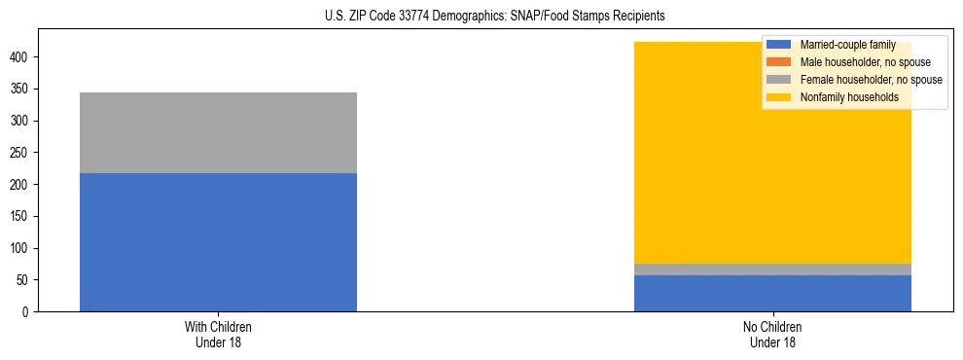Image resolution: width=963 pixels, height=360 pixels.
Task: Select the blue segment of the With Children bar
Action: (218, 242)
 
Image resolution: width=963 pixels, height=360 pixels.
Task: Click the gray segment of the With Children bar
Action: (218, 132)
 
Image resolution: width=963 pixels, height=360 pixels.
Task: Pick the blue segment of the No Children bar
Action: (772, 294)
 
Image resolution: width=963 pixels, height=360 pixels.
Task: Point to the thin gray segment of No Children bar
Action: (772, 270)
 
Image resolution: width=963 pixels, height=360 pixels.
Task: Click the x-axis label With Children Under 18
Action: (218, 334)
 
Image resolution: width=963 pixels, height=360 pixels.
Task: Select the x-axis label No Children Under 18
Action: (772, 334)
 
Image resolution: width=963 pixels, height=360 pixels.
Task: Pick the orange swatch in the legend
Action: (779, 62)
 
